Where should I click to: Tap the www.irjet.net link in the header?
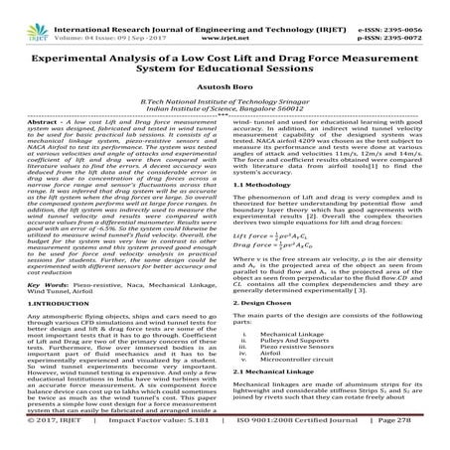point(226,17)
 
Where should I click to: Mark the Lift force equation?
point(281,238)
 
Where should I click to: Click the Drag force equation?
point(282,250)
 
